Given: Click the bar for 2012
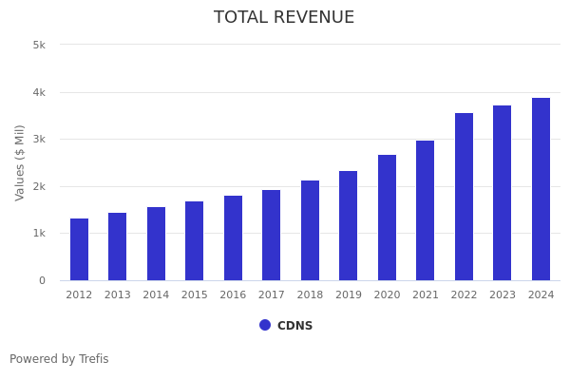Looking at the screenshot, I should (x=79, y=249).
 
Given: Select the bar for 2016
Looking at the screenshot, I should (x=233, y=237).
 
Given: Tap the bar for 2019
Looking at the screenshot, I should (x=349, y=225).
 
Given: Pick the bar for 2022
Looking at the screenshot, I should (x=464, y=197).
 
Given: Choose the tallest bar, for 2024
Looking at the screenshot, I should (x=541, y=189).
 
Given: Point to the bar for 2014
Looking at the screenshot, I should (x=156, y=243).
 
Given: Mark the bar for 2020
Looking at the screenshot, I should (x=387, y=218).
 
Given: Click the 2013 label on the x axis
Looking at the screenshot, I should (x=118, y=295).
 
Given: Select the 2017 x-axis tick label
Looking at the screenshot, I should (x=272, y=295).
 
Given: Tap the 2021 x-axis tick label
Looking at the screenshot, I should (x=426, y=295).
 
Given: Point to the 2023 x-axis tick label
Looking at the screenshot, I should (x=503, y=295).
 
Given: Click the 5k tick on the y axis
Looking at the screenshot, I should (x=39, y=45).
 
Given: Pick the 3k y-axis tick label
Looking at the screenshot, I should (x=39, y=140).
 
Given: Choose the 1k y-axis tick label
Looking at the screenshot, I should (x=39, y=234).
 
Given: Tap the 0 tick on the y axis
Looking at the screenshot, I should (x=42, y=281).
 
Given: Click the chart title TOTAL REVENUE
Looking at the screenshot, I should (x=284, y=18).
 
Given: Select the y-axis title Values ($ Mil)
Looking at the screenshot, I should (x=20, y=162).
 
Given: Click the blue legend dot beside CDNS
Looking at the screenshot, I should (x=265, y=325).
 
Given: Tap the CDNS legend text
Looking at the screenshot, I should (x=294, y=326).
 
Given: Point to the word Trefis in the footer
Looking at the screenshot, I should (x=92, y=359).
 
